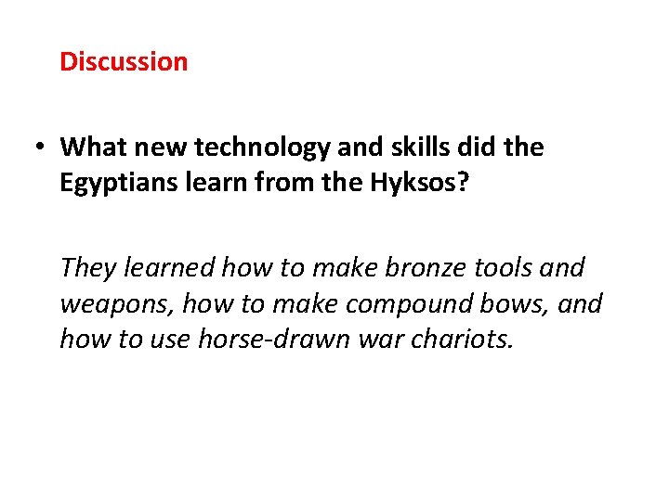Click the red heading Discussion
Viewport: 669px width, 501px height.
(124, 62)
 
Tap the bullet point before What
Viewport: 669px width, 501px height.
(42, 148)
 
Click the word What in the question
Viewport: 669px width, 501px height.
(94, 147)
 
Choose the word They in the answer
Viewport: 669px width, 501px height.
(87, 268)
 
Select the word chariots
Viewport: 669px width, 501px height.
(457, 340)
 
